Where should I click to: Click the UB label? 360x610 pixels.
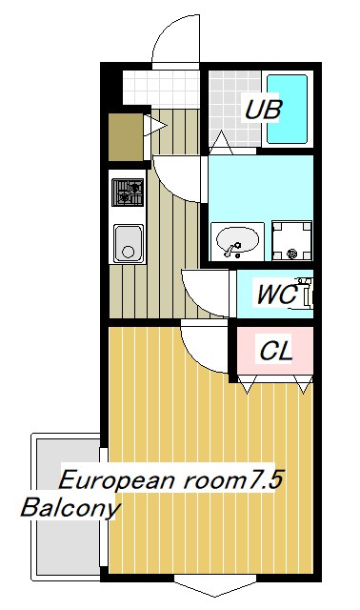pos(262,110)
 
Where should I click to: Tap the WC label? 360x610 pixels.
pos(276,295)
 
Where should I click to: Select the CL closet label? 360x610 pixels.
pos(276,351)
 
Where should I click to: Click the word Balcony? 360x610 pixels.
pos(70,507)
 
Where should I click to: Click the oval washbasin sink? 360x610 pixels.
pos(235,241)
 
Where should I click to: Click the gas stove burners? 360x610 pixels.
pos(128,193)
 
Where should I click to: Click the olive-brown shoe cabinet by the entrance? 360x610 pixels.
pos(124,135)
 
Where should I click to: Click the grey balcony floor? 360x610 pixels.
pos(67,543)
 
